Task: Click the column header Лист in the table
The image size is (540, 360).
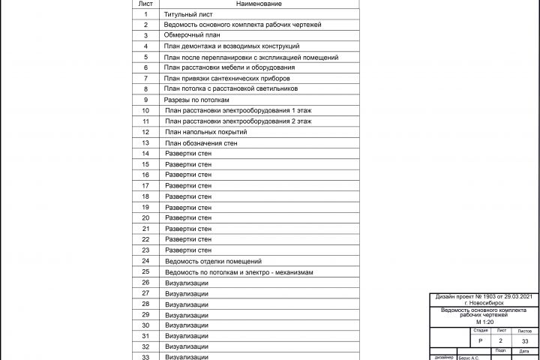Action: (x=145, y=4)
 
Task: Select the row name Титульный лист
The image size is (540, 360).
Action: (x=188, y=14)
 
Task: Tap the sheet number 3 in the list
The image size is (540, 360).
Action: (x=145, y=35)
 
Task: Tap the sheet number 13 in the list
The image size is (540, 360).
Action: (x=145, y=142)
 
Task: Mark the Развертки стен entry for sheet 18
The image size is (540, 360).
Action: (x=188, y=196)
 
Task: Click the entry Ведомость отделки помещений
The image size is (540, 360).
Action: (x=218, y=261)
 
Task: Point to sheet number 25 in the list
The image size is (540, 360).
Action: (x=145, y=271)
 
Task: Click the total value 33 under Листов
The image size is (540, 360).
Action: (x=524, y=340)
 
